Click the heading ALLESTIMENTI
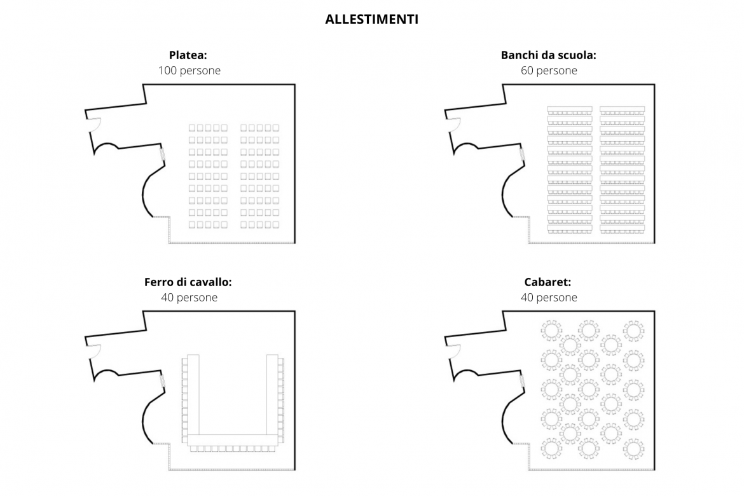371,19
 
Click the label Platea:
188,55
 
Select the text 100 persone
189,70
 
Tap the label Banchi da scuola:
549,55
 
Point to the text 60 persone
549,70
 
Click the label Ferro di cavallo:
188,282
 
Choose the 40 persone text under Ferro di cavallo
189,297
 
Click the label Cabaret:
548,282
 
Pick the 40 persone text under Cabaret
549,297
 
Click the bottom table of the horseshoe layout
233,440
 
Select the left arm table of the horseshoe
193,394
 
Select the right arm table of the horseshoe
272,394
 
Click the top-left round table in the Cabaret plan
551,331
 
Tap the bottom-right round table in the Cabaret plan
633,448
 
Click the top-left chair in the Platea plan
192,128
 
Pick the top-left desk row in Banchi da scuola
570,109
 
